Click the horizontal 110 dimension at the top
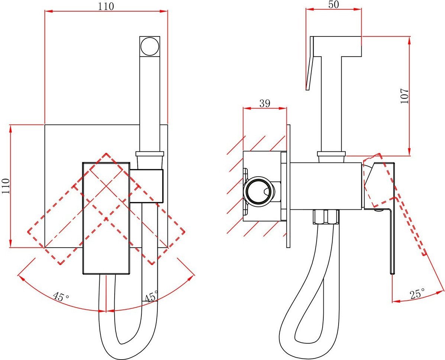106,6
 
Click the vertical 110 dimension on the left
6,186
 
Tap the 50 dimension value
334,4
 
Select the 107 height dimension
404,96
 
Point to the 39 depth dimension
265,103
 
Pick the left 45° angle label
61,297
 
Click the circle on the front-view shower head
150,46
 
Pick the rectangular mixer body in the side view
326,185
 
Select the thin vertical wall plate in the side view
288,186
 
